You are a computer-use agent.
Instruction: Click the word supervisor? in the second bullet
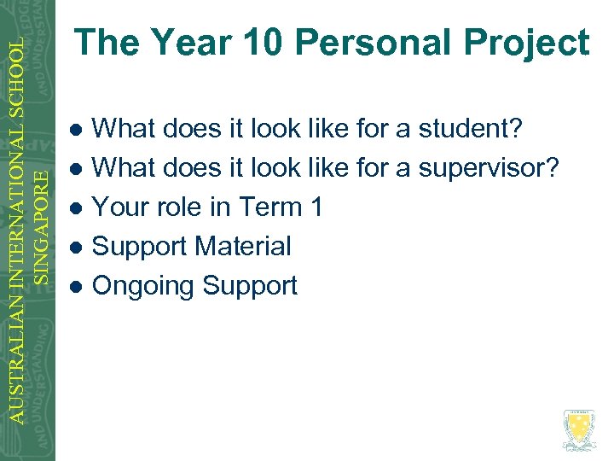pos(488,168)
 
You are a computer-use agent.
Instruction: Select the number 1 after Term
pos(316,207)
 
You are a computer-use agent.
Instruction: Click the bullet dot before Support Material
pos(76,248)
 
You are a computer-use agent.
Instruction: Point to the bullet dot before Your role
pos(76,208)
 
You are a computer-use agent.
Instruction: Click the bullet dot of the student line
pos(76,130)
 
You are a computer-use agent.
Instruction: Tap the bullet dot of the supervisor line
pos(76,169)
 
